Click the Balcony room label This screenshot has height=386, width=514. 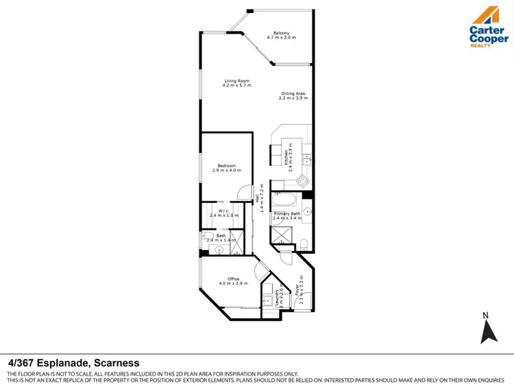281,34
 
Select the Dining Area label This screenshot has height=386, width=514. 292,94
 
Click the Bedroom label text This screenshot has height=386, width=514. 227,165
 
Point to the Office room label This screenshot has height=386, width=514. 228,279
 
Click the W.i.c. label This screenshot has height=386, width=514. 223,210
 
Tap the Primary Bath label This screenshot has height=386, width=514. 286,215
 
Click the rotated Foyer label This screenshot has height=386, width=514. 297,294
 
